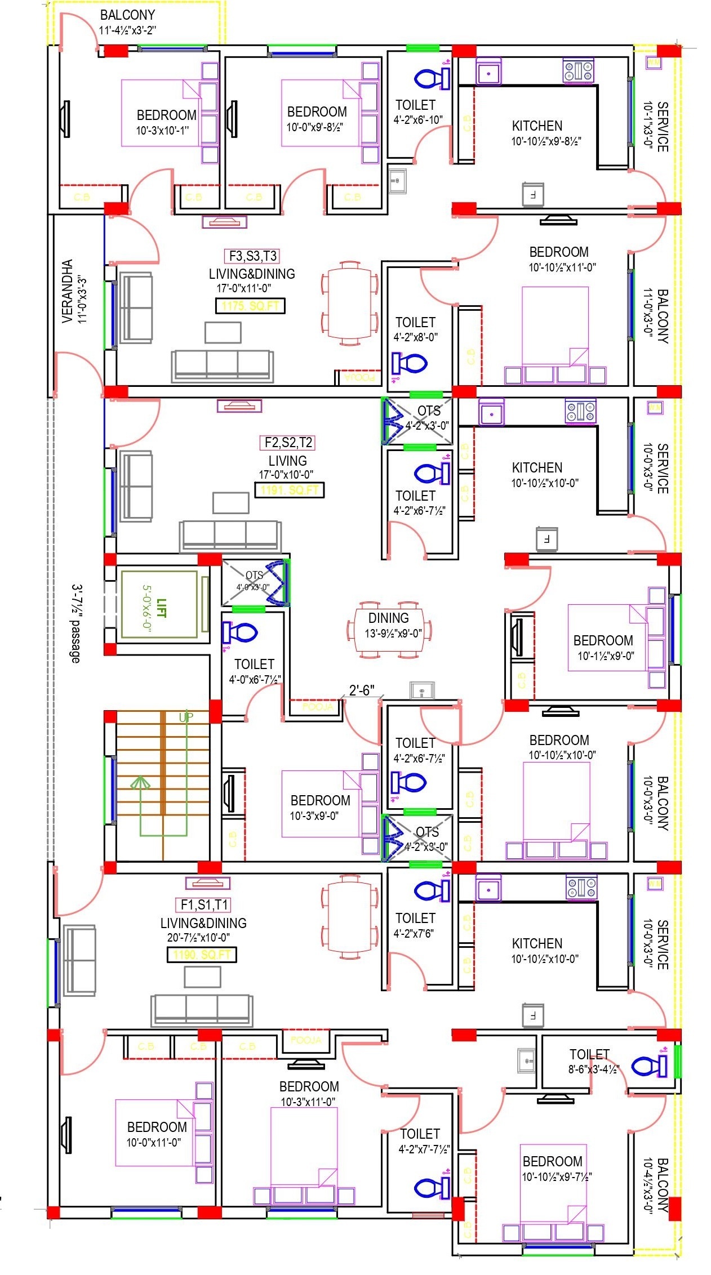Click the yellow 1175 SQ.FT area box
point(250,306)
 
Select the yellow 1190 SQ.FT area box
point(202,955)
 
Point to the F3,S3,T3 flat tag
point(253,256)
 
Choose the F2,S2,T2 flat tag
point(288,443)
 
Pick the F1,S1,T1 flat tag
point(204,904)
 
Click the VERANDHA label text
point(67,291)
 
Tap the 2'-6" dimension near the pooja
point(361,690)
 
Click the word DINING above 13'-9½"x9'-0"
point(388,618)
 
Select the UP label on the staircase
point(186,717)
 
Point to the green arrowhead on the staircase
point(140,782)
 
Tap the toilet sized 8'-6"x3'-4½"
point(589,1054)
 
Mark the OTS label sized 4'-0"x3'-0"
point(254,575)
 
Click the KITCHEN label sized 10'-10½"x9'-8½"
point(537,126)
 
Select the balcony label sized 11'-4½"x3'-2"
point(127,15)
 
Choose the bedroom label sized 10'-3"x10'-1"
point(167,115)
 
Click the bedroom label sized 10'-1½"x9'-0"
point(603,640)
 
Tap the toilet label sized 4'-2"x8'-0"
point(415,322)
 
